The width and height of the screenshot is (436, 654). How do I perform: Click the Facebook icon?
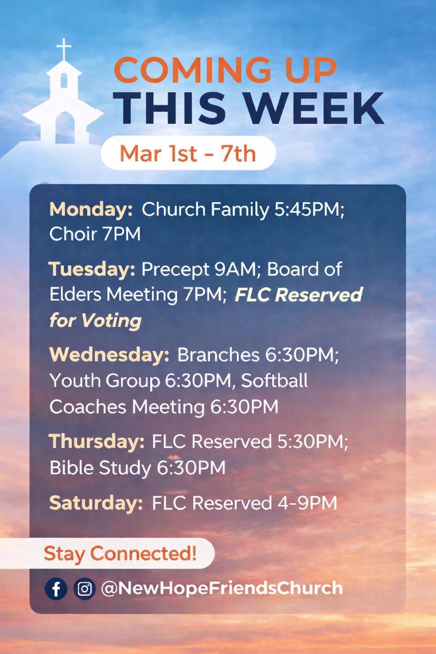pos(56,589)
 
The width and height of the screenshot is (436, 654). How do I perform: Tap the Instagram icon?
pos(84,589)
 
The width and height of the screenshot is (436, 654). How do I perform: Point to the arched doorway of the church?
pos(65,127)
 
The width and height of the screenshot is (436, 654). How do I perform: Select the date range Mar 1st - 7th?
pos(188,154)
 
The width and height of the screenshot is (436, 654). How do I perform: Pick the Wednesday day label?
pos(109,355)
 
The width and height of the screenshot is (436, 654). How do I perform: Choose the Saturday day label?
pos(96,503)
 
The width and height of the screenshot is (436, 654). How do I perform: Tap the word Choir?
pos(73,234)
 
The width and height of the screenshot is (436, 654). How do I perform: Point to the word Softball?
pos(274,381)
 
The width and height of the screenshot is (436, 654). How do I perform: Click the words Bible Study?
pos(100,468)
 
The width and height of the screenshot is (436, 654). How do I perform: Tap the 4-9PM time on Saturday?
pos(304,503)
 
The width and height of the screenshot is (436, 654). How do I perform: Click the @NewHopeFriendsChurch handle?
pos(222,588)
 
